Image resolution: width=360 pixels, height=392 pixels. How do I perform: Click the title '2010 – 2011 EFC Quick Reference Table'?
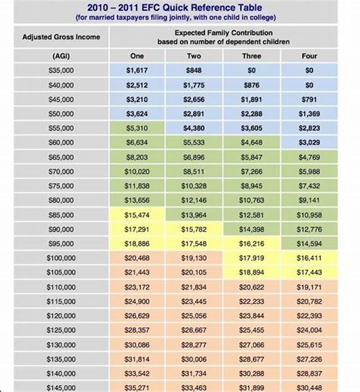tap(175, 8)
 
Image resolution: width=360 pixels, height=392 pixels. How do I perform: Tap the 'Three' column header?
tap(252, 56)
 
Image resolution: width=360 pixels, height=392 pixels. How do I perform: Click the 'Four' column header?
tap(309, 56)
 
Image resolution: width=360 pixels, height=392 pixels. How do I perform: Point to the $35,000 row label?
tap(61, 71)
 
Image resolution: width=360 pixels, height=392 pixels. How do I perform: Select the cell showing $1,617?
tap(137, 71)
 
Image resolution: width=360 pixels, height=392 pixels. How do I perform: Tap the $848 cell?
tap(194, 71)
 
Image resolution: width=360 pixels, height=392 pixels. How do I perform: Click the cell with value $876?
tap(252, 85)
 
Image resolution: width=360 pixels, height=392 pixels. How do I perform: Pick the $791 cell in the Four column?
tap(309, 100)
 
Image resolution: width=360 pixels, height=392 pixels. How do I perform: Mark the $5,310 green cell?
tap(137, 128)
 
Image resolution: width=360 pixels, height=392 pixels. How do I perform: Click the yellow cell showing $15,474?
tap(137, 215)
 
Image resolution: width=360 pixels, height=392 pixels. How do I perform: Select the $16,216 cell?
tap(252, 244)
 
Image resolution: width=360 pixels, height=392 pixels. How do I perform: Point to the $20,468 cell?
tap(137, 258)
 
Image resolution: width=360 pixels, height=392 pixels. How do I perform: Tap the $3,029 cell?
tap(309, 143)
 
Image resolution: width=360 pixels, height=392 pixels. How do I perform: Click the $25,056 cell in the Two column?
tap(194, 316)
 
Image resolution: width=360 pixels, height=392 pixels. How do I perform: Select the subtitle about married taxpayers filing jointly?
tap(175, 18)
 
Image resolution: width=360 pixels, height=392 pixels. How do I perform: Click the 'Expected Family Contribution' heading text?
tap(223, 33)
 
